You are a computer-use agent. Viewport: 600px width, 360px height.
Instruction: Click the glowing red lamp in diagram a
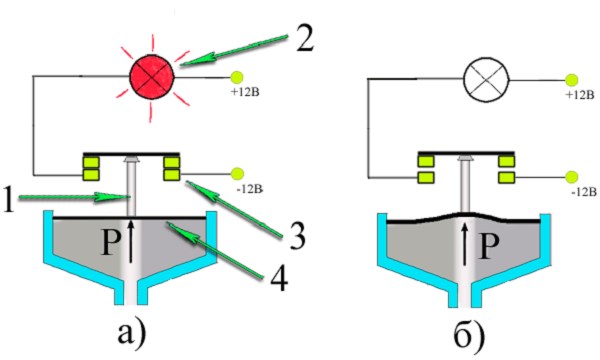coord(152,77)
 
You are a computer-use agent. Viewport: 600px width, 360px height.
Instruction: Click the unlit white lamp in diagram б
coord(486,80)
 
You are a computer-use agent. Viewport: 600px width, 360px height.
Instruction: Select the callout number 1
coord(8,199)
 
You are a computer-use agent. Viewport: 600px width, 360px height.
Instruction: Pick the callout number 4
coord(278,277)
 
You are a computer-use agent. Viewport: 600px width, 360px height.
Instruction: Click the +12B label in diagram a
coord(245,92)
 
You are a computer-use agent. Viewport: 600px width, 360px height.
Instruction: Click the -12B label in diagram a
coord(250,189)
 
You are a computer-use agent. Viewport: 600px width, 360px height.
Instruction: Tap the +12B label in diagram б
coord(580,95)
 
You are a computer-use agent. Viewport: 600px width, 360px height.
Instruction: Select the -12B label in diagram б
coord(584,192)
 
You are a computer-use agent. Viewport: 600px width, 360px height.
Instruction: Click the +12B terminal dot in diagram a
coord(237,78)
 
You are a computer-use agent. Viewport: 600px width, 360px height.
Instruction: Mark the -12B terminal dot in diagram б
coord(572,177)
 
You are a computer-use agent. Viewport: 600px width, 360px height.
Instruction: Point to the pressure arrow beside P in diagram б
coord(465,245)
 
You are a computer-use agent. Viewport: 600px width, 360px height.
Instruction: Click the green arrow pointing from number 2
coord(234,50)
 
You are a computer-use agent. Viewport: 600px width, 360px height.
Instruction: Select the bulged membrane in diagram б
coord(463,218)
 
